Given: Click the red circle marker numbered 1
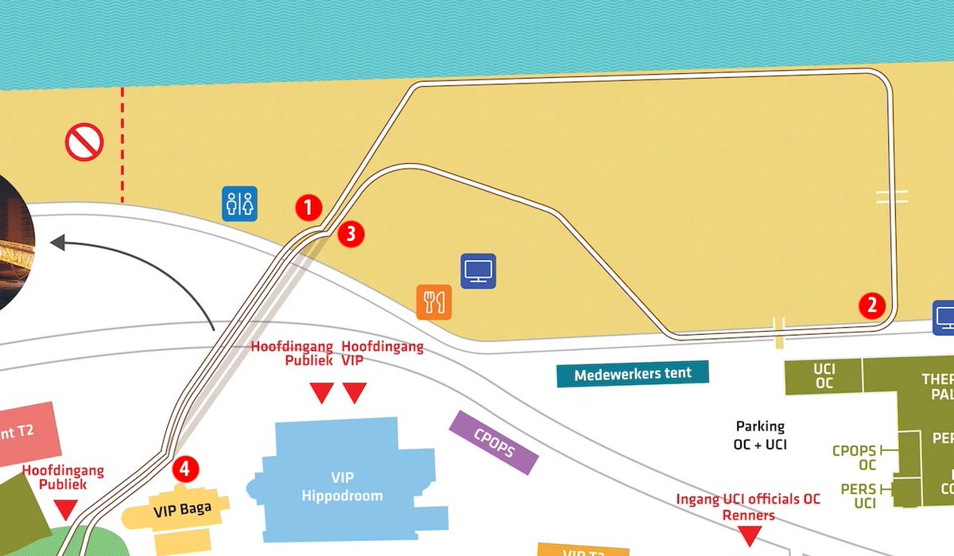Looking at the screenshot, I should [x=308, y=208].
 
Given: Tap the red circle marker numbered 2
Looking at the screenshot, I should [x=872, y=305].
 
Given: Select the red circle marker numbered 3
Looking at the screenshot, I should [x=351, y=234].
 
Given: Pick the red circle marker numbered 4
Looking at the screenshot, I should [x=184, y=469].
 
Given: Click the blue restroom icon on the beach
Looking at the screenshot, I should [x=239, y=204].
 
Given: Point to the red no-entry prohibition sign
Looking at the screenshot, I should [x=84, y=143].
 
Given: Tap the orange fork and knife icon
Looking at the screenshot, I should [x=434, y=301].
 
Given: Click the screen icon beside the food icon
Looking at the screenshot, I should [x=479, y=270].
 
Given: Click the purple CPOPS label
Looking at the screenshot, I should [x=494, y=442].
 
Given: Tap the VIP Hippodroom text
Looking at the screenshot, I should [x=342, y=486].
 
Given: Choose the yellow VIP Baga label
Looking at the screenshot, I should [x=182, y=507].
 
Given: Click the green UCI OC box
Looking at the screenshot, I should [x=824, y=376].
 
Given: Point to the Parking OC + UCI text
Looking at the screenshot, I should [x=760, y=435].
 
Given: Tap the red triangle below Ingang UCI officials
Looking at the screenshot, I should [x=748, y=537].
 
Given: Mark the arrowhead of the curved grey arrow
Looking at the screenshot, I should [x=57, y=243].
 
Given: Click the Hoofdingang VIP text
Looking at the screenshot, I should [x=382, y=353].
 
